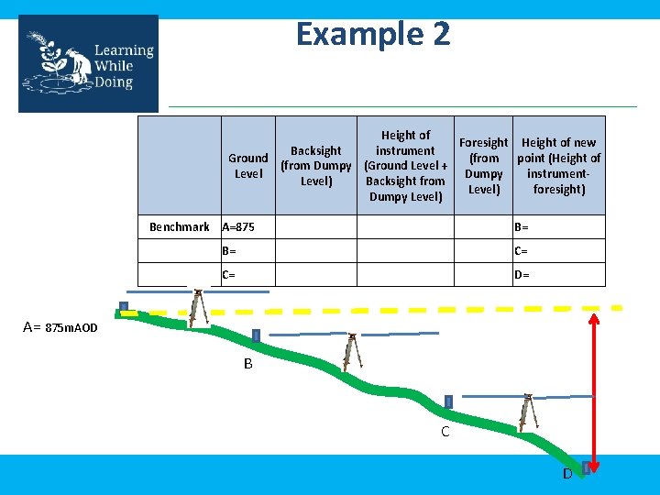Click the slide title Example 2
(373, 35)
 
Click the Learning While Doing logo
(88, 63)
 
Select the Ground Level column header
(248, 166)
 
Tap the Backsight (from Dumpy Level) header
(316, 166)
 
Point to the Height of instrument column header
(405, 166)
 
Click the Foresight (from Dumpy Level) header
(483, 166)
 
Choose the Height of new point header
(558, 166)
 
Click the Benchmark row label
(180, 226)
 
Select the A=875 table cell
(239, 226)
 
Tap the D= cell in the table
(522, 275)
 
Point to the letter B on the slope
(248, 364)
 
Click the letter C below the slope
(445, 432)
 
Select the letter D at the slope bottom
(567, 474)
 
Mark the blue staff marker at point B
(256, 335)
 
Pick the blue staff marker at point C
(448, 401)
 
